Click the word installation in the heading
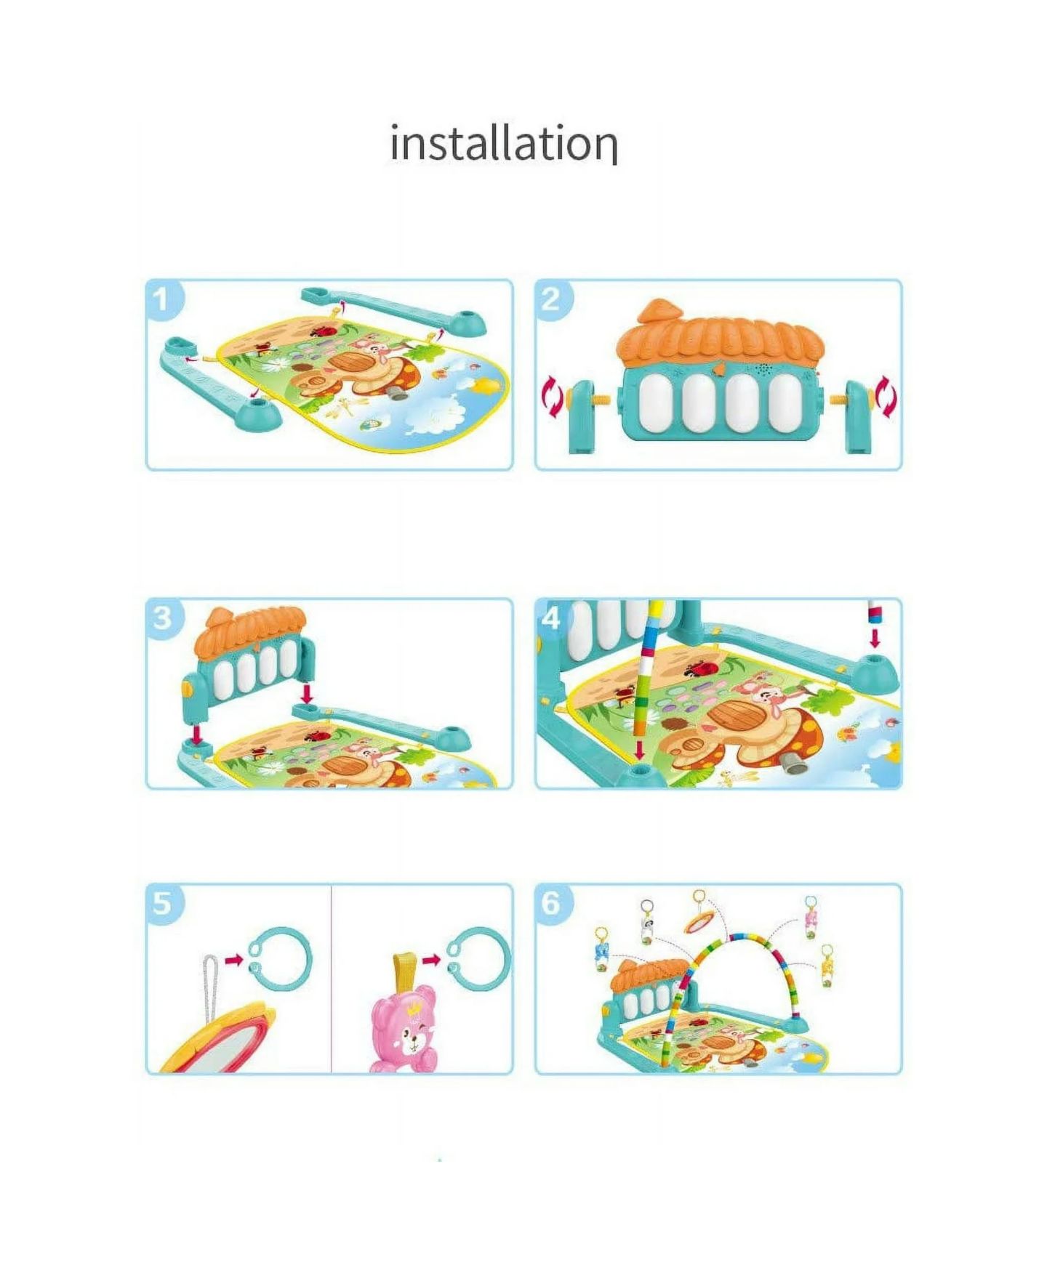click(503, 143)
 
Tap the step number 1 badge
click(163, 298)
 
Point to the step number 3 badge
click(163, 617)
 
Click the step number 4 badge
click(552, 617)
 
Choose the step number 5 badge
click(163, 903)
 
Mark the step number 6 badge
click(552, 903)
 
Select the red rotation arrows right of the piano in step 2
click(887, 397)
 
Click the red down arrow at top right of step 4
click(875, 638)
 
